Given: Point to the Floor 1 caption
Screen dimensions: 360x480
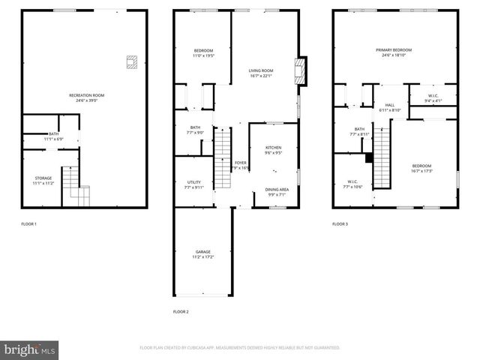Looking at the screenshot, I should pyautogui.click(x=28, y=224).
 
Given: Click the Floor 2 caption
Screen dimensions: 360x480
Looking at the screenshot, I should pyautogui.click(x=181, y=311).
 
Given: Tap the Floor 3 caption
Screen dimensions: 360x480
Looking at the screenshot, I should pyautogui.click(x=340, y=224).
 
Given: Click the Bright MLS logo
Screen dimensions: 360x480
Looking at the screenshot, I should pyautogui.click(x=30, y=349).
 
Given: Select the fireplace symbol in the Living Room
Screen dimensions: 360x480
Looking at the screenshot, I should pyautogui.click(x=301, y=70).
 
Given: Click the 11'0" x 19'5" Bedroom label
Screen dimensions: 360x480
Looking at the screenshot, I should pyautogui.click(x=203, y=53).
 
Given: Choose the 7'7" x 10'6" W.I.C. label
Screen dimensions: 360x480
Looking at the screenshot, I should pyautogui.click(x=352, y=184).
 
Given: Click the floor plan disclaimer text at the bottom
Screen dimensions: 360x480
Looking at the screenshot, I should pyautogui.click(x=239, y=348).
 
